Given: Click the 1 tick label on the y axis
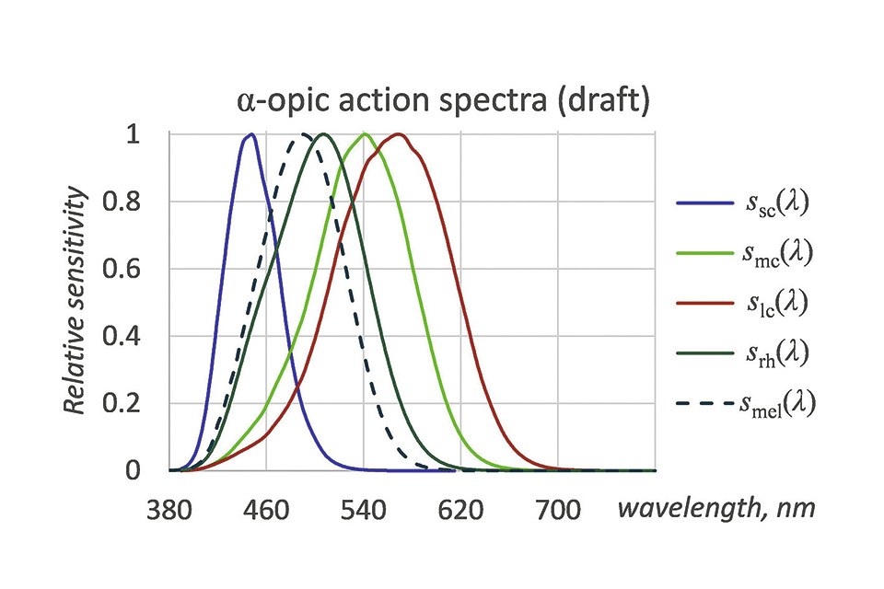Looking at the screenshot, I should tap(134, 134).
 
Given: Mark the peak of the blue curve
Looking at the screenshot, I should tap(250, 135).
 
